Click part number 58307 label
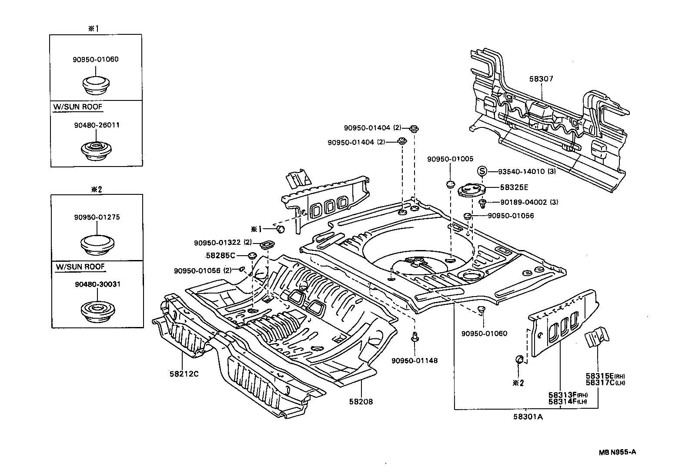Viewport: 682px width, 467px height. click(541, 79)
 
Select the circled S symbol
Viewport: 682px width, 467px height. click(482, 171)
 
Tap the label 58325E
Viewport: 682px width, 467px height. click(514, 187)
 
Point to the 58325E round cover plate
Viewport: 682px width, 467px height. click(472, 190)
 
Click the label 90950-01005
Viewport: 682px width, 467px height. click(450, 159)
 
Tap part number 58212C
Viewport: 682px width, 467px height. click(184, 374)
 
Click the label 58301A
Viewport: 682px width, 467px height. click(528, 417)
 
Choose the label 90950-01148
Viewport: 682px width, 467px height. click(415, 360)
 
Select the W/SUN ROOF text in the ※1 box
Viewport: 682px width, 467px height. click(78, 107)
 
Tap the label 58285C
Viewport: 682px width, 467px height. click(220, 255)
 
